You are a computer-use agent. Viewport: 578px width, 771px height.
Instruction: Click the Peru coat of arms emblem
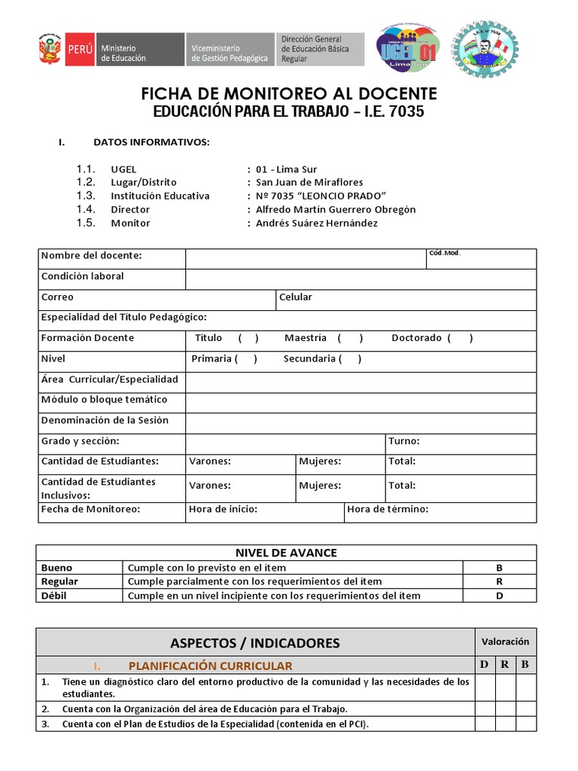click(x=50, y=50)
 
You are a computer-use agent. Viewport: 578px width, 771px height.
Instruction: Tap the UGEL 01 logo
click(x=406, y=48)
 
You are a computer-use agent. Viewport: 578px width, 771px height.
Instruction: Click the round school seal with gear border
click(x=485, y=48)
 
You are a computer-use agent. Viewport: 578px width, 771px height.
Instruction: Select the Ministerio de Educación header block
click(x=140, y=50)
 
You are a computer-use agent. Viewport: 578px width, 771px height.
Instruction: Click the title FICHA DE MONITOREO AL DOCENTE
click(x=289, y=93)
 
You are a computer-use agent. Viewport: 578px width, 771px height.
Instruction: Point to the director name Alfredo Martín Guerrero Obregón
click(x=336, y=209)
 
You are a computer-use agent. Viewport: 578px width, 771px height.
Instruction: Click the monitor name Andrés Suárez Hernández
click(x=317, y=223)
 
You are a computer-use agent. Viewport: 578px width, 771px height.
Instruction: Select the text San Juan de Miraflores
click(x=309, y=182)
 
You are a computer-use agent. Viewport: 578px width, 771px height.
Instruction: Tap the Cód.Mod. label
click(x=444, y=253)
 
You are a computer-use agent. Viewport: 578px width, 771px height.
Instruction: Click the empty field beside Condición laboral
click(x=360, y=278)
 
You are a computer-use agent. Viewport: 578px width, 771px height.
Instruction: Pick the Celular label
click(x=296, y=297)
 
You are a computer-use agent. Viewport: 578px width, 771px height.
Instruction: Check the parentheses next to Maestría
click(x=351, y=338)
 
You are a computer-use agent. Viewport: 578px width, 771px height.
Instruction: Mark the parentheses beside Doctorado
click(x=460, y=338)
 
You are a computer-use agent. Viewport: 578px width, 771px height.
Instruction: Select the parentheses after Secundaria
click(x=350, y=359)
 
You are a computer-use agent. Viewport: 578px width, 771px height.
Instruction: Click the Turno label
click(x=404, y=441)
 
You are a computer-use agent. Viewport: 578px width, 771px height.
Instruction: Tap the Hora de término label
click(x=388, y=510)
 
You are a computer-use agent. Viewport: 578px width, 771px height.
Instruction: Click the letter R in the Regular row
click(x=499, y=581)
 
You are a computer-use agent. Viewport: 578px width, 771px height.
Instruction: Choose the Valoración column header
click(x=505, y=641)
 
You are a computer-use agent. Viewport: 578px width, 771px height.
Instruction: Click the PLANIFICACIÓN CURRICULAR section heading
click(x=210, y=666)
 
